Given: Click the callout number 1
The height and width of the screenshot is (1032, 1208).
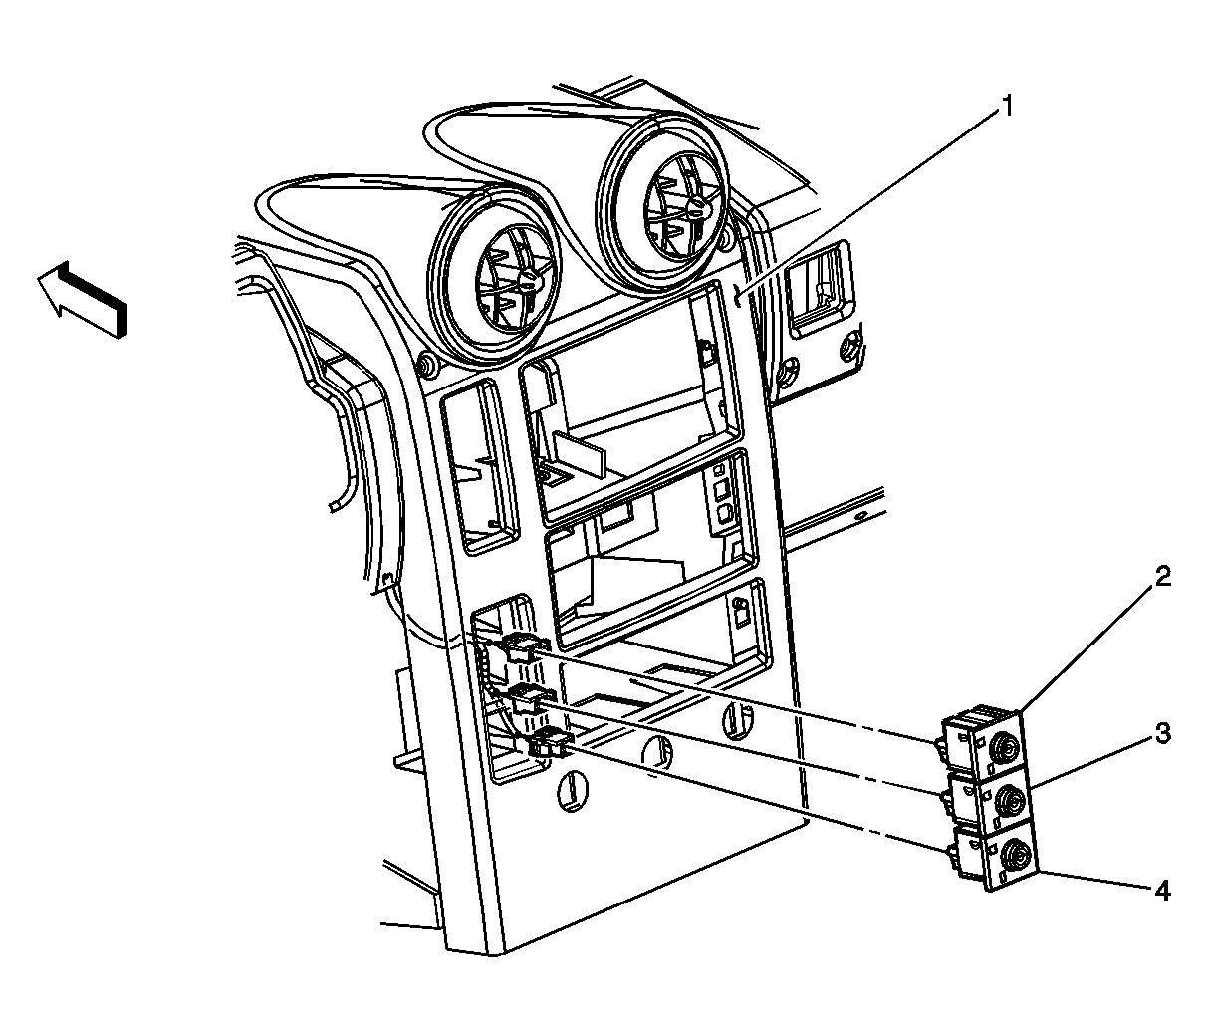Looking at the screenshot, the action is [x=1007, y=107].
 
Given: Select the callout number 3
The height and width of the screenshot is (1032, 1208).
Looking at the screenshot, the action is [x=1163, y=733].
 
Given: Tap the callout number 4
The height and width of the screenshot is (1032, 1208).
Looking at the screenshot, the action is [x=1162, y=892].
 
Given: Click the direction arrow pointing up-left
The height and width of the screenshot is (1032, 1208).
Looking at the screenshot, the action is [x=82, y=297].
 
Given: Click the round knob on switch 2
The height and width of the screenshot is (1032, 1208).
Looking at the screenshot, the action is [x=1008, y=747].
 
